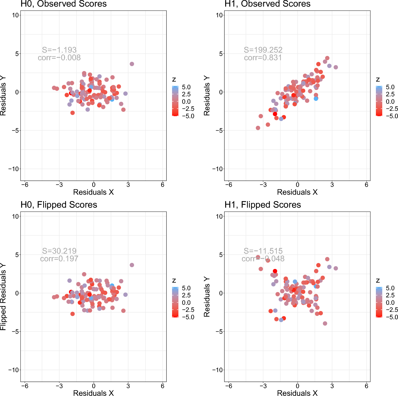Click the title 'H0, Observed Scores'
click(64, 4)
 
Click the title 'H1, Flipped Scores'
click(263, 205)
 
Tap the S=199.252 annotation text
click(263, 50)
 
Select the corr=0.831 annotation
click(263, 58)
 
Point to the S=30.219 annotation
click(59, 251)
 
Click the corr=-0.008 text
click(59, 58)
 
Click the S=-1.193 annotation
click(59, 50)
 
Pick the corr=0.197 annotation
click(59, 259)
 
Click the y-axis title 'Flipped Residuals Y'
click(3, 296)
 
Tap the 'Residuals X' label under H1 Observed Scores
click(297, 192)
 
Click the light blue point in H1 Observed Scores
click(316, 99)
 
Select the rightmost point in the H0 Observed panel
click(132, 64)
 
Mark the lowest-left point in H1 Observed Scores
click(258, 128)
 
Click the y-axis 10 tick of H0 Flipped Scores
click(15, 216)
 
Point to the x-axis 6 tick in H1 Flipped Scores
click(366, 386)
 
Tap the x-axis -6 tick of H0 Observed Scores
click(25, 185)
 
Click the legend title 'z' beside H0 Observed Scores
click(174, 80)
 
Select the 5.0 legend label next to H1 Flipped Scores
click(390, 288)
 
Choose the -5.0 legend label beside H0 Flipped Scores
click(188, 317)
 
